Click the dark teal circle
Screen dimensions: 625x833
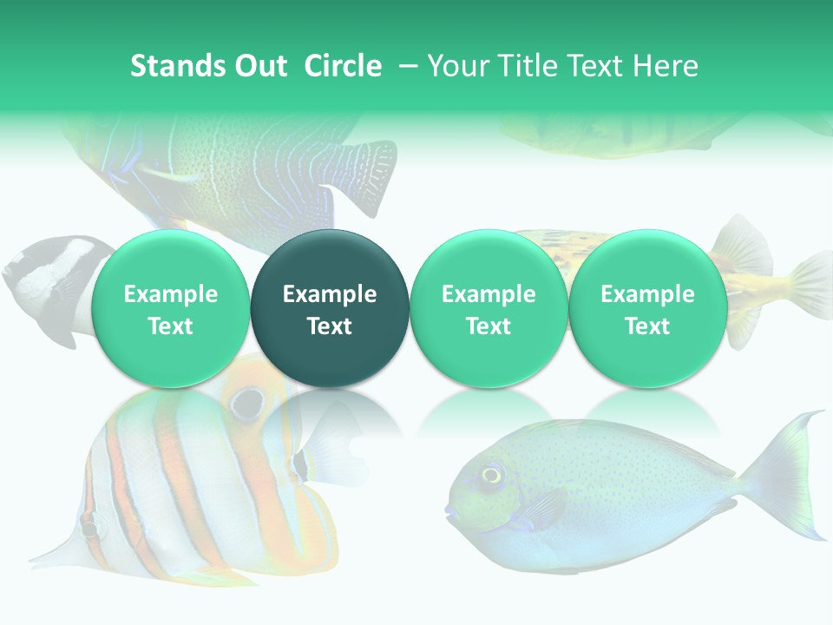point(330,308)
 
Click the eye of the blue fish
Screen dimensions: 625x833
point(492,474)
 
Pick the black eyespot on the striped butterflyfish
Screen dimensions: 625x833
point(248,401)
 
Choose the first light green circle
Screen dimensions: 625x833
point(170,308)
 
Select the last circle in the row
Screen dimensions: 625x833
point(647,308)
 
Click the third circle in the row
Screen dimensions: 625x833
point(489,308)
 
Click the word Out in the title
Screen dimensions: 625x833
point(259,66)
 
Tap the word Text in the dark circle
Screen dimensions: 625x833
point(330,326)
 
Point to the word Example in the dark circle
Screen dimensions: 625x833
point(330,294)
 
